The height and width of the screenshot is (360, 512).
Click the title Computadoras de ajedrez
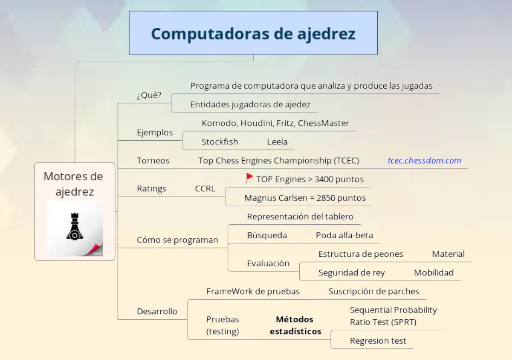click(253, 34)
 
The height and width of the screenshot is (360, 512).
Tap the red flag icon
click(249, 178)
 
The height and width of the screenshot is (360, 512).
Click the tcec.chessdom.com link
click(425, 160)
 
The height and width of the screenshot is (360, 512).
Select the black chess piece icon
click(75, 226)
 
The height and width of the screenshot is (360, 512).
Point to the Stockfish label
click(220, 142)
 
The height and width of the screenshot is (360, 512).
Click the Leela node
click(277, 142)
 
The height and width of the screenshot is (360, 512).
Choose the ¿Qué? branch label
click(149, 95)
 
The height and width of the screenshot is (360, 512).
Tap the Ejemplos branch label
click(155, 132)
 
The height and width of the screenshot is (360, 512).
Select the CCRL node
click(205, 188)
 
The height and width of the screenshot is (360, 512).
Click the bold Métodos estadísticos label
click(295, 325)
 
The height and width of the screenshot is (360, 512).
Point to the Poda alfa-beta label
click(344, 235)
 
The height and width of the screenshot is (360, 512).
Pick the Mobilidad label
click(433, 273)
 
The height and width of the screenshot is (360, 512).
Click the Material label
click(448, 254)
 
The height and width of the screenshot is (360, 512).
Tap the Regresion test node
click(378, 341)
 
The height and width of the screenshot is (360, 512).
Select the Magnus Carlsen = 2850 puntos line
click(305, 198)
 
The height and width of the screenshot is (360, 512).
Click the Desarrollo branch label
click(157, 311)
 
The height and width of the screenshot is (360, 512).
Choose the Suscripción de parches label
click(374, 291)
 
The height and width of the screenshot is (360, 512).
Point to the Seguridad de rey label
click(351, 273)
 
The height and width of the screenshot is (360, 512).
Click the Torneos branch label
click(153, 160)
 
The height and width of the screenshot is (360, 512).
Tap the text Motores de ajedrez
click(73, 184)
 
